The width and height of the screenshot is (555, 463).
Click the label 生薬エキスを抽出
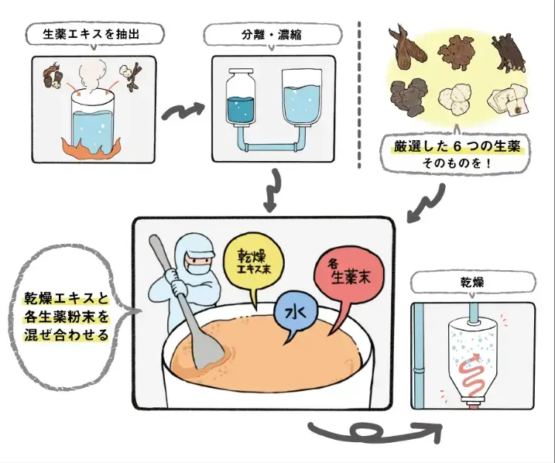(96, 34)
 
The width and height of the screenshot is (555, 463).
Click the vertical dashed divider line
(361, 93)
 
